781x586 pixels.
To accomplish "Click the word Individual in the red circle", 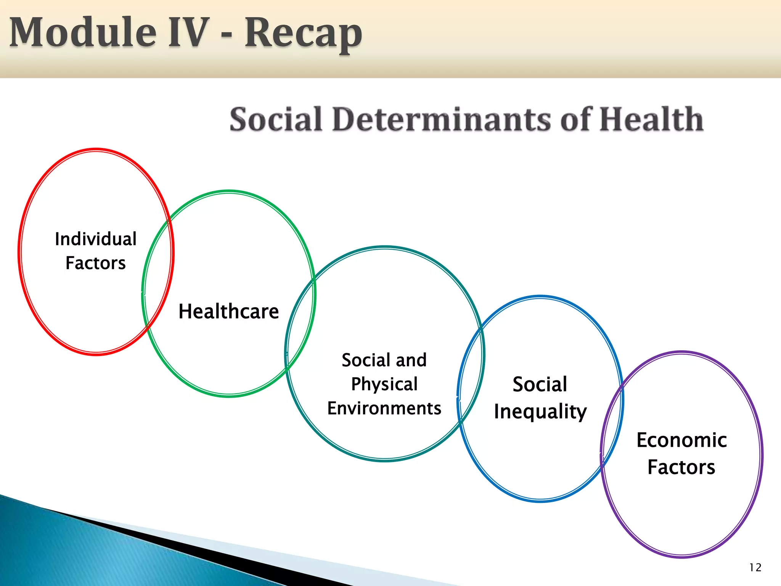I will tap(96, 239).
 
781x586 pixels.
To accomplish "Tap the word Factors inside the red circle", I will tap(96, 263).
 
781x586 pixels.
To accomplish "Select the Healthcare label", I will tap(229, 311).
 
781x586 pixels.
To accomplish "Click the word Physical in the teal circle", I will tap(384, 384).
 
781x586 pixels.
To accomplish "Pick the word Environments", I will tap(384, 408).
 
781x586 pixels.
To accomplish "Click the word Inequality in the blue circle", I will tap(540, 412).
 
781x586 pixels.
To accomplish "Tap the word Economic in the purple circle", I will tap(682, 440).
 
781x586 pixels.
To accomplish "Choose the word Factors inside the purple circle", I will tap(681, 467).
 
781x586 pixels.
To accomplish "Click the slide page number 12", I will tap(755, 568).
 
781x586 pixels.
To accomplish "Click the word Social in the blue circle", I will tap(540, 384).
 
